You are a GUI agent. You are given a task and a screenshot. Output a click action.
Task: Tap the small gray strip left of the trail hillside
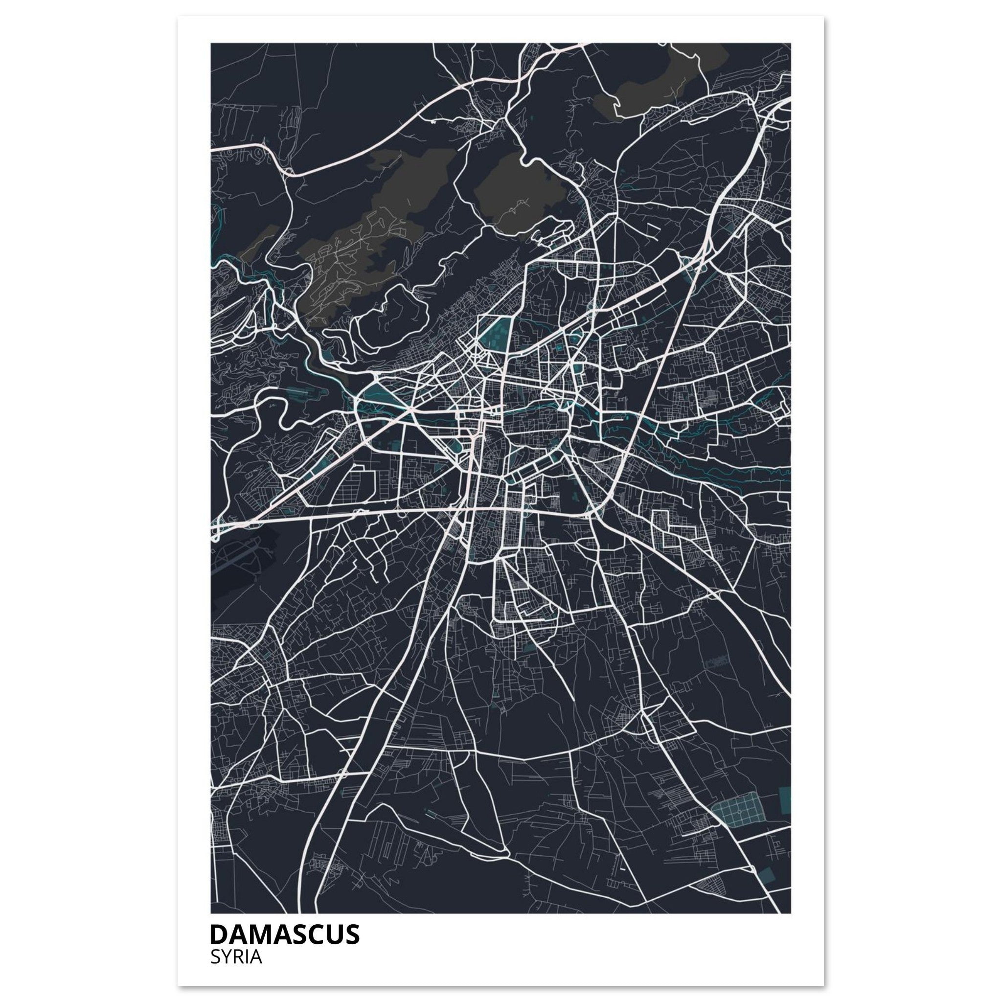click(x=259, y=239)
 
